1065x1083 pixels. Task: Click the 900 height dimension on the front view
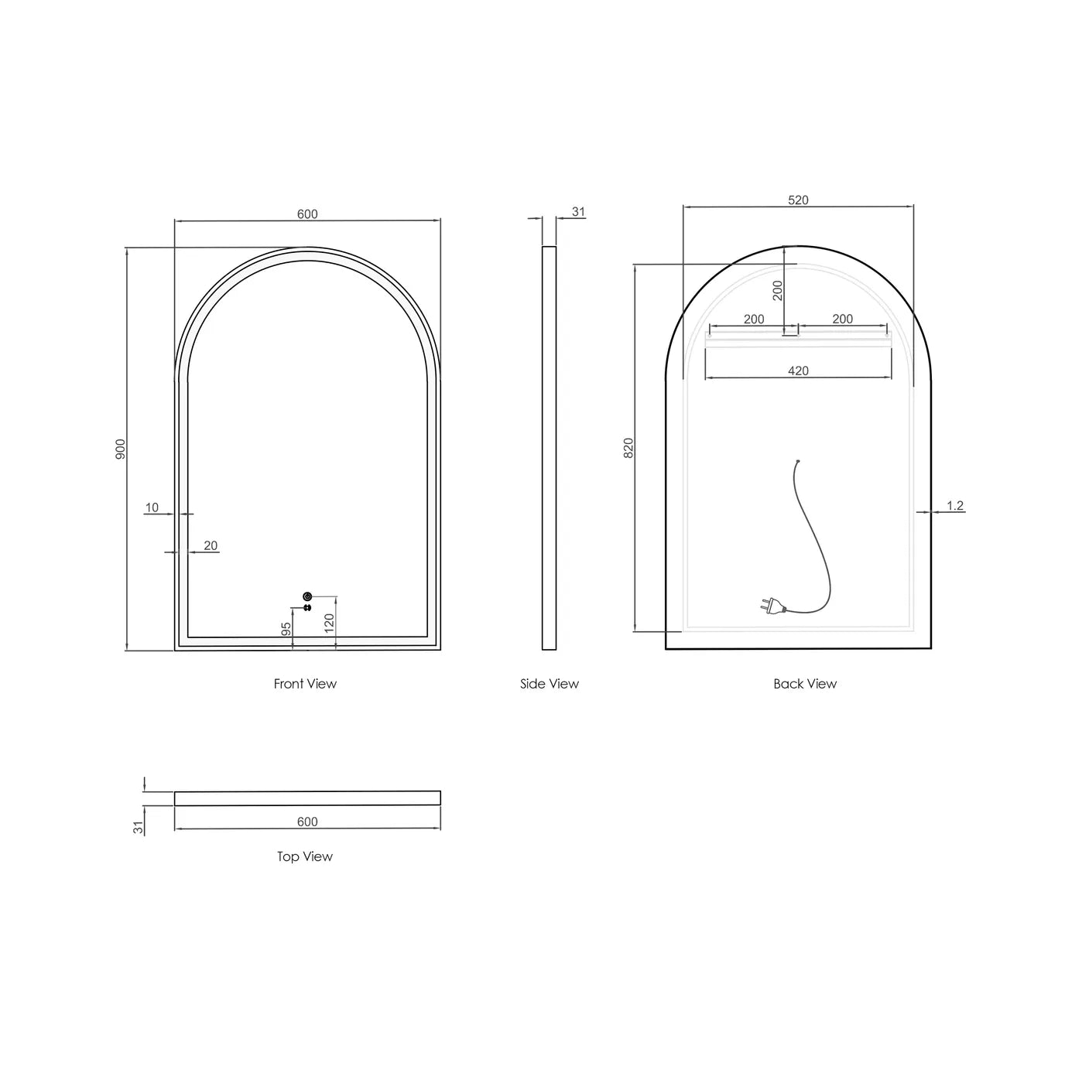[120, 449]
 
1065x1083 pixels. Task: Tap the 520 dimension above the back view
[798, 200]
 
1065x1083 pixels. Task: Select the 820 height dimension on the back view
[628, 448]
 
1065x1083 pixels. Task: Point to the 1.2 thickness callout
[955, 506]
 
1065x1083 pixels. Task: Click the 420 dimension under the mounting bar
[798, 371]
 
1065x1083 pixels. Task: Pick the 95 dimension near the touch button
[286, 629]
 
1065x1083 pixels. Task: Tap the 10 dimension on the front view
[152, 508]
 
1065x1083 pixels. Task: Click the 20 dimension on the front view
[211, 546]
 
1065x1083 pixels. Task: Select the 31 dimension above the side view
[578, 212]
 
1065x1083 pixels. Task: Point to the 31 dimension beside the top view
[139, 828]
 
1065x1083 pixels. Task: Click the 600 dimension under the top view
[307, 822]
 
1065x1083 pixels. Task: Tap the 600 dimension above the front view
[307, 214]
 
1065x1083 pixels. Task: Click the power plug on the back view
[769, 606]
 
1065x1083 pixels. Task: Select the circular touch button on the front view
[307, 596]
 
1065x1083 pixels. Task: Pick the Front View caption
[305, 684]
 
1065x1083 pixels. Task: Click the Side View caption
[550, 684]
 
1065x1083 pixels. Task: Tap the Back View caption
[805, 684]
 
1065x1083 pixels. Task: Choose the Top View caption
[305, 856]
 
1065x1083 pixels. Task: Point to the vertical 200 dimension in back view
[778, 290]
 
